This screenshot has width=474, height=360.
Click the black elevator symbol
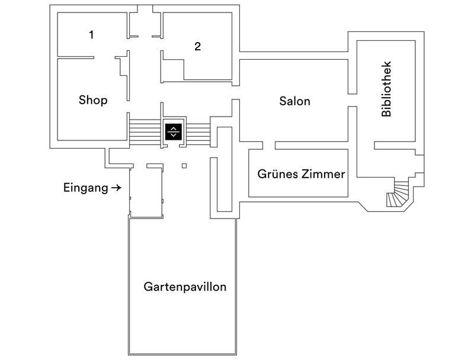173,131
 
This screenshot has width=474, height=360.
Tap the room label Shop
93,100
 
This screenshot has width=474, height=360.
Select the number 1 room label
91,35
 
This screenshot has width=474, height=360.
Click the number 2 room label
198,47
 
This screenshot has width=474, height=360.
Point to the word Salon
294,101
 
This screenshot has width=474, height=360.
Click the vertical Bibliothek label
387,88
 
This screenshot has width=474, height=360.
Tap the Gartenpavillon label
185,287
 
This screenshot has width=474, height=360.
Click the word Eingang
85,188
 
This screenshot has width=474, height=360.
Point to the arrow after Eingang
116,188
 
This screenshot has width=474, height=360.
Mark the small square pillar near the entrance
184,166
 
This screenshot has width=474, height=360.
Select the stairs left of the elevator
145,131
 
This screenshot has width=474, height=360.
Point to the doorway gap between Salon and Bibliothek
351,99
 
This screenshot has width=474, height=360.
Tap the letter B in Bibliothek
387,113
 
